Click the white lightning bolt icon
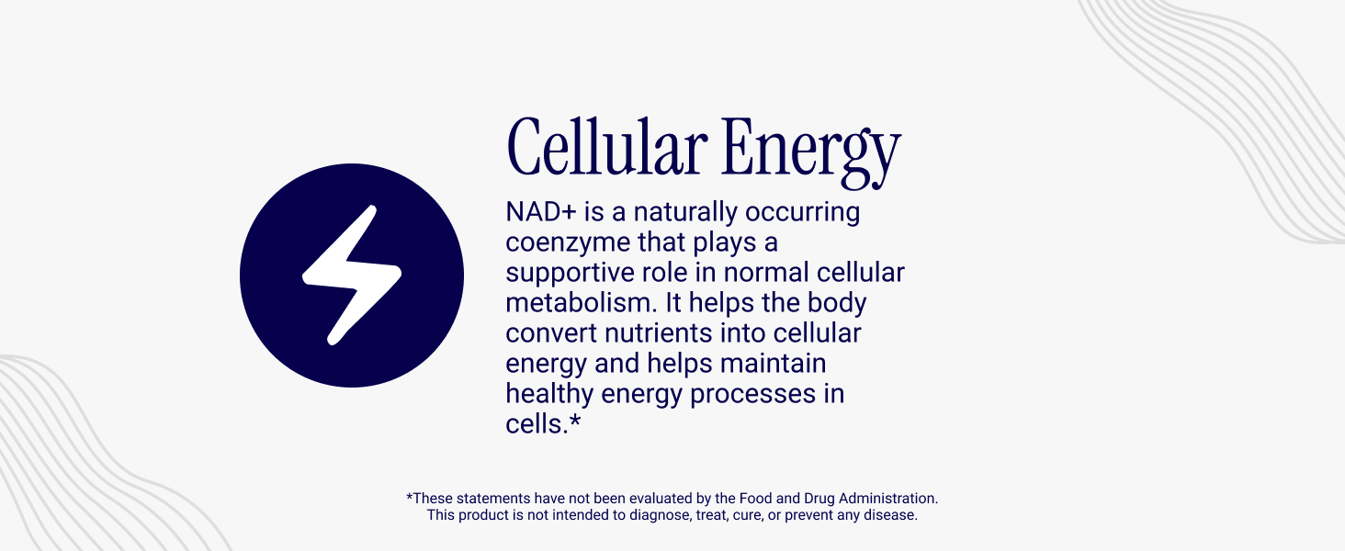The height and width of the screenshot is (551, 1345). point(351,275)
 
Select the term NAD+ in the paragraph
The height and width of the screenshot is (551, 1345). point(540,212)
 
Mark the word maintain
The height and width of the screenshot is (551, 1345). point(773,363)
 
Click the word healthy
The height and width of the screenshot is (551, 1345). point(548,395)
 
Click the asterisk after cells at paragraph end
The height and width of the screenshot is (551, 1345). point(575,421)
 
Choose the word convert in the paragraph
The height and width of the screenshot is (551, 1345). point(551,333)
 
